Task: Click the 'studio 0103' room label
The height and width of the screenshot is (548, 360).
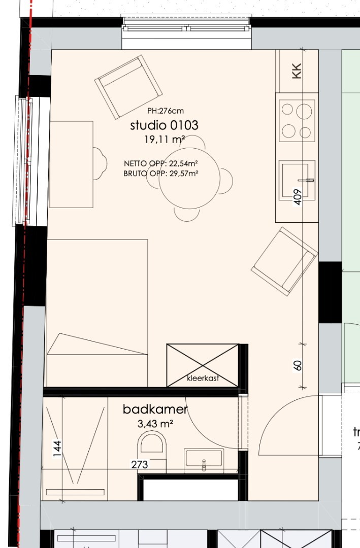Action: tap(164, 125)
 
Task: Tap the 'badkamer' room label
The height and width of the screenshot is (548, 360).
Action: tap(155, 409)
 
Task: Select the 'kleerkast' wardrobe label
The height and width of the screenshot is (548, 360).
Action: tap(203, 378)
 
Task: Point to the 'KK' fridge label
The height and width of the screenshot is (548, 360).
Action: tap(297, 71)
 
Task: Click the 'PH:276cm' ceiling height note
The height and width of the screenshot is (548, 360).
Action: tap(165, 111)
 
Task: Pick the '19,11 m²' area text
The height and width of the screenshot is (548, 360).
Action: tap(165, 140)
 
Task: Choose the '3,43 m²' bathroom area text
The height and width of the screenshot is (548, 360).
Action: tap(156, 424)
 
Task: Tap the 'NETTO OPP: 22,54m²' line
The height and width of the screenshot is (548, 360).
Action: tap(161, 163)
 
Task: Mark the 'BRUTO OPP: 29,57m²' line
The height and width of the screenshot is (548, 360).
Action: tap(161, 174)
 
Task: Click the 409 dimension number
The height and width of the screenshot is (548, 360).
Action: tap(297, 197)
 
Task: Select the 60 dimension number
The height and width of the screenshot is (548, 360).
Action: tap(298, 365)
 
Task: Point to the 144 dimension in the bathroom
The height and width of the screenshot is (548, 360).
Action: tap(57, 449)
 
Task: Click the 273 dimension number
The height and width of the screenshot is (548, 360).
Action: tap(140, 464)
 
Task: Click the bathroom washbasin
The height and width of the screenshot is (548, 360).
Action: tap(204, 461)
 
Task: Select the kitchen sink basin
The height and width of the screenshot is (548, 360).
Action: tap(296, 180)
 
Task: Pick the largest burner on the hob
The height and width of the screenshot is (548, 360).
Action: tap(304, 112)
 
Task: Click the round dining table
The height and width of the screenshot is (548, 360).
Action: tap(189, 178)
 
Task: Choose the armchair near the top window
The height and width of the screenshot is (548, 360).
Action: tap(128, 87)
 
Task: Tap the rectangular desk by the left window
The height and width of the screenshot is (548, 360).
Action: tap(72, 164)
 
